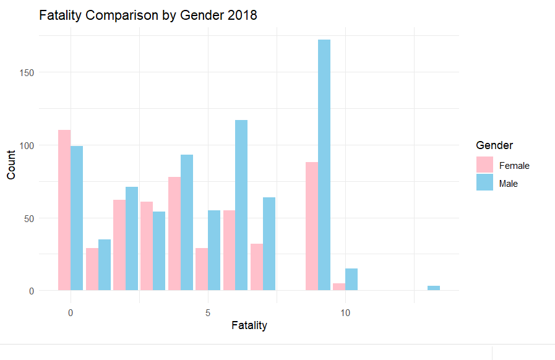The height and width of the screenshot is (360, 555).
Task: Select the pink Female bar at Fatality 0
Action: click(x=64, y=210)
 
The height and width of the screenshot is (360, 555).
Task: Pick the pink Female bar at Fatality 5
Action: click(x=202, y=270)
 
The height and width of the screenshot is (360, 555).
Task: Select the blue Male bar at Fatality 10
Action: click(x=351, y=280)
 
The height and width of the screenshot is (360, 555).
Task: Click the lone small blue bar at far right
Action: click(x=434, y=288)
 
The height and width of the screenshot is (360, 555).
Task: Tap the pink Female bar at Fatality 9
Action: click(x=311, y=226)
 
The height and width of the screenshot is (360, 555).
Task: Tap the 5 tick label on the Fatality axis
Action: click(x=208, y=313)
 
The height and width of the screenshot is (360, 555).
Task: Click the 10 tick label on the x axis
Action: click(x=345, y=313)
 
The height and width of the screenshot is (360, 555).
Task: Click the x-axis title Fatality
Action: click(x=249, y=325)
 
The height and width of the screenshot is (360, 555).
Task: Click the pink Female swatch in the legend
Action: click(x=484, y=165)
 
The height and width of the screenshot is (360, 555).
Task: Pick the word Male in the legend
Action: click(x=509, y=184)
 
